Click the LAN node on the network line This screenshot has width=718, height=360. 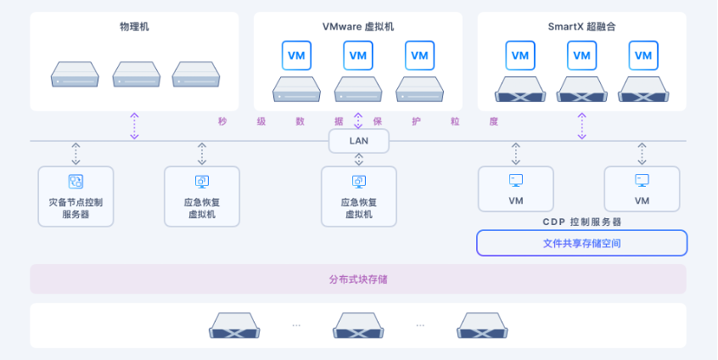pos(358,141)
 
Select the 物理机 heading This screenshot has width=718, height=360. pos(134,27)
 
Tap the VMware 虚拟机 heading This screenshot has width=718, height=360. pos(358,27)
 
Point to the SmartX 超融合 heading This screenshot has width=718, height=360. pos(581,27)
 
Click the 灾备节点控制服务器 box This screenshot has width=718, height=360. pos(76,196)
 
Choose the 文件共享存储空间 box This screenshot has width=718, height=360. pos(581,243)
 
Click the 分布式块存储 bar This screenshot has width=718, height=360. pos(358,278)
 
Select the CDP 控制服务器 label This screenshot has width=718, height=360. pos(581,222)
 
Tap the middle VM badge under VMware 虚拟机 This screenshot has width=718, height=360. pos(358,55)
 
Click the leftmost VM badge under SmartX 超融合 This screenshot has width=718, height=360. pos(520,55)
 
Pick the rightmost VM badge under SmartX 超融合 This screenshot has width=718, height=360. pos(642,55)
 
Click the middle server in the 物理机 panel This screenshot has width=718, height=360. pos(137,75)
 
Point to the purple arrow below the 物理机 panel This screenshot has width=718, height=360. pos(134,126)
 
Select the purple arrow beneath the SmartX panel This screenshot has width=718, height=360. pos(581,126)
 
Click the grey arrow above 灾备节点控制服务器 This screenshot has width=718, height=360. pos(76,154)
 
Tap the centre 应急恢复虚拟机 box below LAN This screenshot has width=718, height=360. pos(358,196)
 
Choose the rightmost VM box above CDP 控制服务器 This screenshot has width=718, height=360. pos(642,188)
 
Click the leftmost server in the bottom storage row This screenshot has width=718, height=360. pos(234,324)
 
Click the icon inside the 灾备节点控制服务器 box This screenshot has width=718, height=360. pos(76,181)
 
